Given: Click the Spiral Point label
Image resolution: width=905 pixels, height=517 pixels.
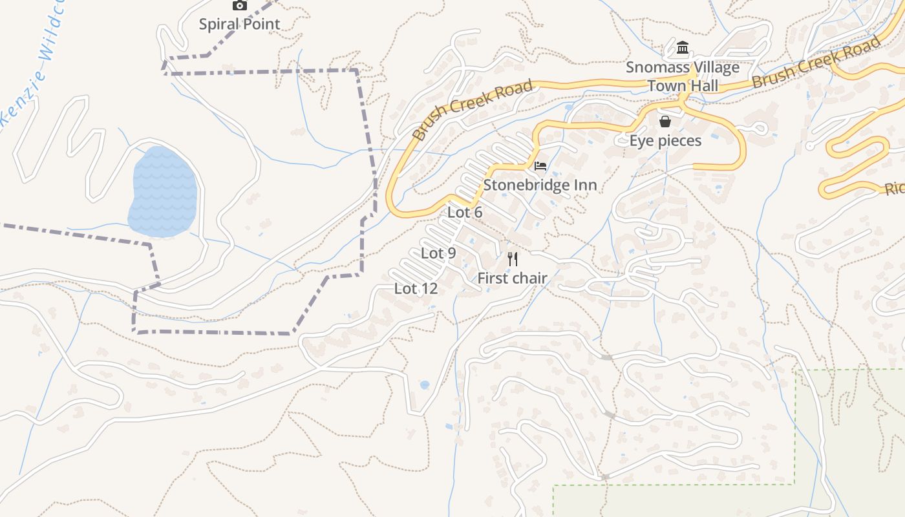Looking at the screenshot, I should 239,25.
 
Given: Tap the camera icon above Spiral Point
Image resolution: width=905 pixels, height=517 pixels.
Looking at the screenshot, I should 240,5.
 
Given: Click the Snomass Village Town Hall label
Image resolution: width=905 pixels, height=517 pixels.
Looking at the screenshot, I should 682,76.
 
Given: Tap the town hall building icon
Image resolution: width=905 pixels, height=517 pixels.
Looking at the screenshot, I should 683,48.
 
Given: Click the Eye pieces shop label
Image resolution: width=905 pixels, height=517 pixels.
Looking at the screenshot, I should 665,140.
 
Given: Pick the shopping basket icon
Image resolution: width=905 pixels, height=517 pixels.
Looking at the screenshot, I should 665,121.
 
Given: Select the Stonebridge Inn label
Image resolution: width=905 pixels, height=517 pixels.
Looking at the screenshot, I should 540,185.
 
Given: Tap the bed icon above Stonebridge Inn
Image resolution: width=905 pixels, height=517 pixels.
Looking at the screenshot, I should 540,166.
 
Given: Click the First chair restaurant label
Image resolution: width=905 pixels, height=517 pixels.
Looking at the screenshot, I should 512,278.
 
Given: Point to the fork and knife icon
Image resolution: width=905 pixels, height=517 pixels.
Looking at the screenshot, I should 513,259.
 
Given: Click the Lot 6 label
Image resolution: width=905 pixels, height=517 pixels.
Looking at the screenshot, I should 465,212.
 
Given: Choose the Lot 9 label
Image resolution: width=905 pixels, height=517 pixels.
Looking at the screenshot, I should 438,253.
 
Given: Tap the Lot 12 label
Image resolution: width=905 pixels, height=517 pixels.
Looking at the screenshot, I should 416,288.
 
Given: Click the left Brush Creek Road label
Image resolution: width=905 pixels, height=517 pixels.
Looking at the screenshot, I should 473,109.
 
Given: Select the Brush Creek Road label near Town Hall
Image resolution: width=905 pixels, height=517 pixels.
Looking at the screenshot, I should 816,62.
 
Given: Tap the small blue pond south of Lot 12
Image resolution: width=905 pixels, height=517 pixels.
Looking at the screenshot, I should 424,385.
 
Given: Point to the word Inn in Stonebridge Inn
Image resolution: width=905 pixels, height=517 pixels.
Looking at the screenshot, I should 584,185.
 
